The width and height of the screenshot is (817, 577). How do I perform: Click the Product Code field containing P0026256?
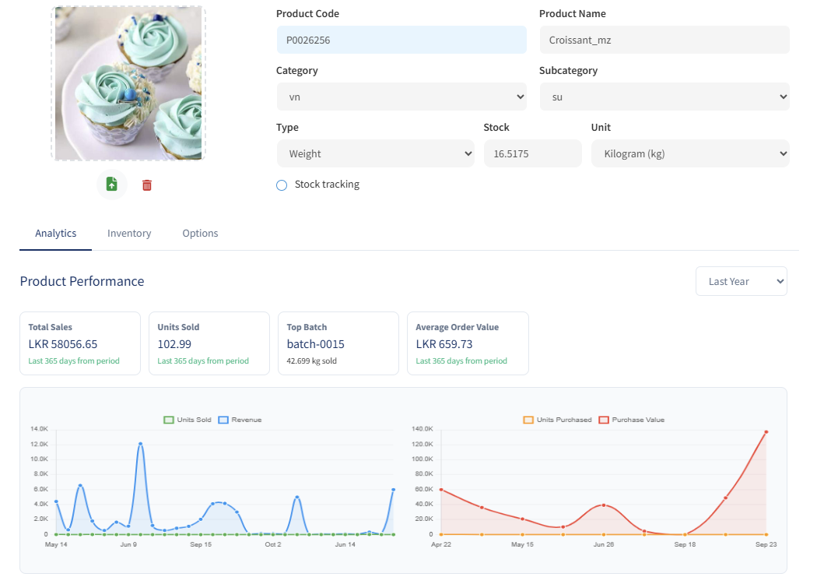coord(401,40)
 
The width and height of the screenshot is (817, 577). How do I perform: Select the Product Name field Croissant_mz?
coord(664,40)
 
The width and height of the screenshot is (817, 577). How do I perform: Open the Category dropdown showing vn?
coord(401,97)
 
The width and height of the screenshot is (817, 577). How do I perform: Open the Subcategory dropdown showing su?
coord(664,97)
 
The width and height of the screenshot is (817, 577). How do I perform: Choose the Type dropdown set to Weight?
coord(375,153)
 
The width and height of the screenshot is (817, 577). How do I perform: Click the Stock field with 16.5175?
coord(532,153)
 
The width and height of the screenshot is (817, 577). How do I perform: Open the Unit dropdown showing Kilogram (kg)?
coord(690,153)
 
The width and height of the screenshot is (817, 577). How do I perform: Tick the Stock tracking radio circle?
coord(282,185)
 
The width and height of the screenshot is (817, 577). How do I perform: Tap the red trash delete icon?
coord(147,185)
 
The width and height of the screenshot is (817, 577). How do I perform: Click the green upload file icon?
coord(111,184)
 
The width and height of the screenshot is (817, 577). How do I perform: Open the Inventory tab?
coord(129,233)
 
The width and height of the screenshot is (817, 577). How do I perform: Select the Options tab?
coord(200,233)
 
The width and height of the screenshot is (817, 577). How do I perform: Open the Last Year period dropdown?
coord(741,281)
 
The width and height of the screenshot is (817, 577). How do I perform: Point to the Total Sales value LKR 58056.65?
coord(62,344)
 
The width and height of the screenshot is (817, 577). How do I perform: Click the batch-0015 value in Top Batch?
coord(315,344)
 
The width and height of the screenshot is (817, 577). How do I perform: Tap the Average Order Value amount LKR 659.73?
coord(444,344)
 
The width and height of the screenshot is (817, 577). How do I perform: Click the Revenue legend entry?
coord(240,420)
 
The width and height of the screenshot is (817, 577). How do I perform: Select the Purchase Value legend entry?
coord(632,420)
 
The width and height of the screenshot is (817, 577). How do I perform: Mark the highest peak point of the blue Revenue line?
coord(140,444)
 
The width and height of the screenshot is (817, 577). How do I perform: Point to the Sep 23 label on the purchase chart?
coord(766,544)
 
